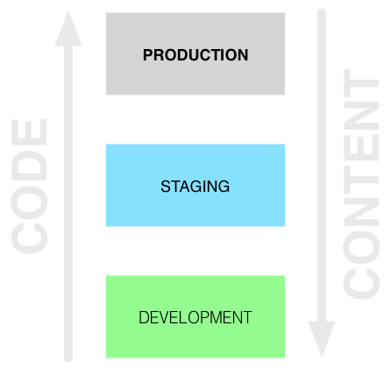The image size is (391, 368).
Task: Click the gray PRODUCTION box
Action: (195, 53)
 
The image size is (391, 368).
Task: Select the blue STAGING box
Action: (195, 185)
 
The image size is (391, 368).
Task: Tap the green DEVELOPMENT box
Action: (195, 316)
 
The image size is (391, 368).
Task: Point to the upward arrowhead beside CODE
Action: (68, 29)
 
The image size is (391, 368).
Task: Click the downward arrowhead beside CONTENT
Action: (322, 339)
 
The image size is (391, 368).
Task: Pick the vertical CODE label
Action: (29, 186)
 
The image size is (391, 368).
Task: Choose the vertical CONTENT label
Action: (361, 184)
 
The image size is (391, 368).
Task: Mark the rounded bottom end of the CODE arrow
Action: (68, 357)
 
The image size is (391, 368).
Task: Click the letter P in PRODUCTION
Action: (148, 55)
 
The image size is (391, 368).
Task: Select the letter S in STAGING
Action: (166, 187)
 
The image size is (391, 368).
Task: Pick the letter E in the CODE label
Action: (29, 131)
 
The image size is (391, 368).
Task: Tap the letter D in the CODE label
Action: (29, 166)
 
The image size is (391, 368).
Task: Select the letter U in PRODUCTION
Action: (190, 55)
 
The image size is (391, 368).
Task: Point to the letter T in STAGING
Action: (175, 187)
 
